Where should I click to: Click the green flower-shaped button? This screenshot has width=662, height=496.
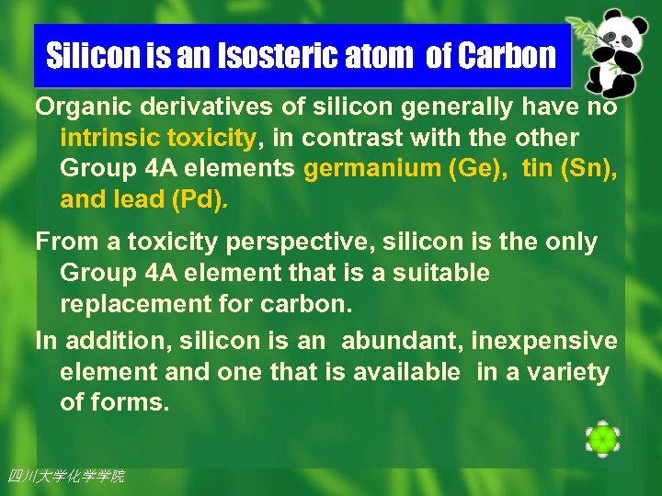tap(602, 439)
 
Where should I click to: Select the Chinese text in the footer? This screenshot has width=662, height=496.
tap(65, 476)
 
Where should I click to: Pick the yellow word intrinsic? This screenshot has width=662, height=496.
tap(108, 139)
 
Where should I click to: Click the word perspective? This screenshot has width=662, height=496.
tap(274, 242)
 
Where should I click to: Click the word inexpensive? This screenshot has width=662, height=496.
tap(544, 342)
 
